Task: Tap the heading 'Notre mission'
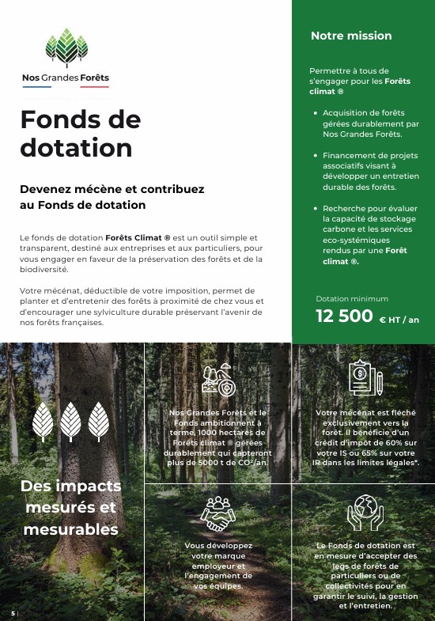point(351,36)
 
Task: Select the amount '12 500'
point(344,316)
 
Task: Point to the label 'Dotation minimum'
point(352,299)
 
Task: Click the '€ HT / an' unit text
point(399,320)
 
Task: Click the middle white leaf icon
point(71,421)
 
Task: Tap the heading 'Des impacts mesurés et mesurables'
point(71,507)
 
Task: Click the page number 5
point(13,613)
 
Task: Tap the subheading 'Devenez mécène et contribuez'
point(112,197)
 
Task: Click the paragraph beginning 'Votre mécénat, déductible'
point(142,306)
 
